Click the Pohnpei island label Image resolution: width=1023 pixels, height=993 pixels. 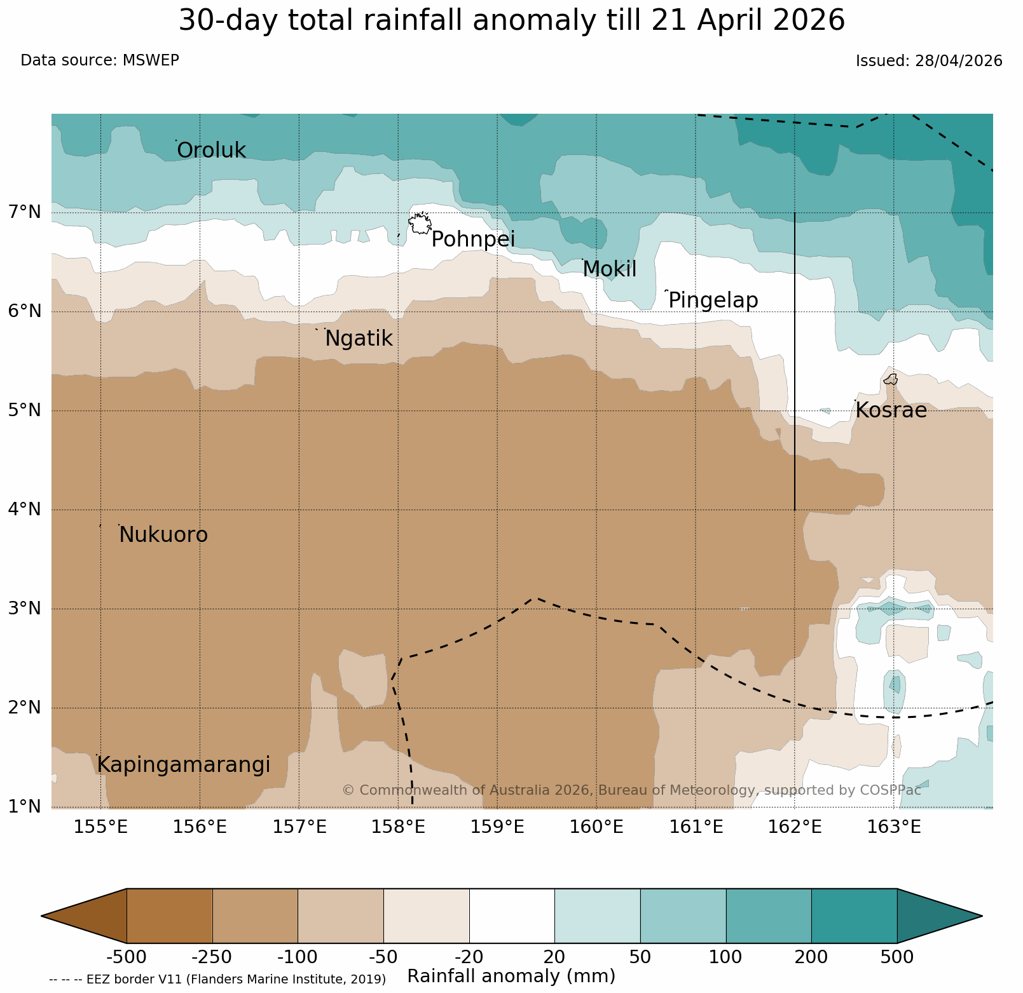coord(473,240)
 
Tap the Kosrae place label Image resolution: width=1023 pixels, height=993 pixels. coord(891,410)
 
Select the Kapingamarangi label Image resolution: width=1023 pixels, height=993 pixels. coord(183,766)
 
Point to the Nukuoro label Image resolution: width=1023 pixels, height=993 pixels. coord(163,535)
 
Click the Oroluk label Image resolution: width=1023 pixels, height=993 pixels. coord(211,151)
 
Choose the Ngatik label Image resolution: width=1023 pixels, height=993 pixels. coord(359,339)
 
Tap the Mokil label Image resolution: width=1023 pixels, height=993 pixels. coord(609,269)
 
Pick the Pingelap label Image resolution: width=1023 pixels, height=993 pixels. coord(713,301)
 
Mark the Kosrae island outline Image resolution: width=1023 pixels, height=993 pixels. coord(891,379)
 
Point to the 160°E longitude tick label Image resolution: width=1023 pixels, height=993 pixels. coord(596,827)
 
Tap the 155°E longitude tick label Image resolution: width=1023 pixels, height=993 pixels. coord(100,827)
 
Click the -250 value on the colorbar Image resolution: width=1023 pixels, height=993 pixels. coord(212,957)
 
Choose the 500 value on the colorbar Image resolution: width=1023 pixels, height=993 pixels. coord(896,957)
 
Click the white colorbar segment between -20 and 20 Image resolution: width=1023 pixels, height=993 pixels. coord(512,916)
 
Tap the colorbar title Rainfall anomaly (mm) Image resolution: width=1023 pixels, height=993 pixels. coord(511,976)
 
